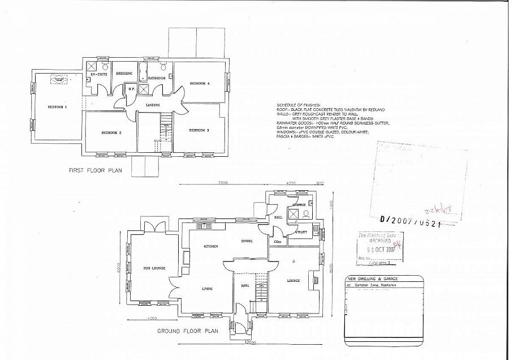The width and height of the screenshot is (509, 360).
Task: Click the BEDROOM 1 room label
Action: tap(57, 107)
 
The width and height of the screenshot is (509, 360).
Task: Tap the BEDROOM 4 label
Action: tap(199, 83)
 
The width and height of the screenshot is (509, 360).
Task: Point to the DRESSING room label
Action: tap(124, 74)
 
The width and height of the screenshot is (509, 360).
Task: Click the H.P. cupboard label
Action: tap(131, 88)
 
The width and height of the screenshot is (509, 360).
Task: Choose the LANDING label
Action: tap(152, 105)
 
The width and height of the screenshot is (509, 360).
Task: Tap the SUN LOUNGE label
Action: tap(147, 268)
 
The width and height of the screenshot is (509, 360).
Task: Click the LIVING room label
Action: tap(207, 289)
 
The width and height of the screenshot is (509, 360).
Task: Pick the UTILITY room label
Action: tap(301, 232)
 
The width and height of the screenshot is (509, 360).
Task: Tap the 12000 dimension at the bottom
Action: tap(251, 343)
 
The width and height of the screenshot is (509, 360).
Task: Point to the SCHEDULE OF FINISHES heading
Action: tap(298, 105)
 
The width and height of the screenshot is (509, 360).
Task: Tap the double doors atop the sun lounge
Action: tap(153, 226)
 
